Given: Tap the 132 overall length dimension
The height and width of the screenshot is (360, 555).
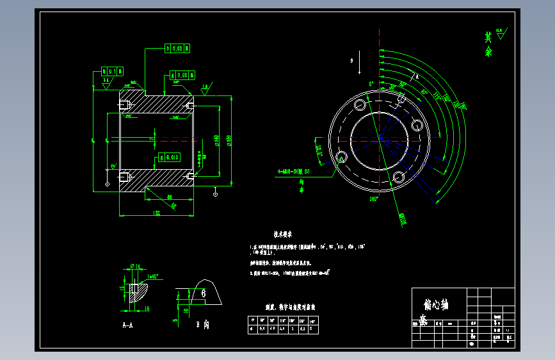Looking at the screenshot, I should click(156, 212).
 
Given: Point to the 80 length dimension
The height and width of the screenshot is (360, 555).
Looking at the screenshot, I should click(169, 197).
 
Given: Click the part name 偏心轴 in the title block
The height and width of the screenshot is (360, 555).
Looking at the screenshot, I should click(436, 305).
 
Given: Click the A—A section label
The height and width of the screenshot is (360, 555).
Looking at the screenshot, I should click(127, 325).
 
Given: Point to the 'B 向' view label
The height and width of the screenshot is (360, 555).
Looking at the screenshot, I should click(203, 325).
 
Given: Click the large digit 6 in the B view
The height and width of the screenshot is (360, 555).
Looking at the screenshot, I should click(203, 293).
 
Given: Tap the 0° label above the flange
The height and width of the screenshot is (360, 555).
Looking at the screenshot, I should click(371, 84).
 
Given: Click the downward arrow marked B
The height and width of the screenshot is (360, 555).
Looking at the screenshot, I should click(360, 65).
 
